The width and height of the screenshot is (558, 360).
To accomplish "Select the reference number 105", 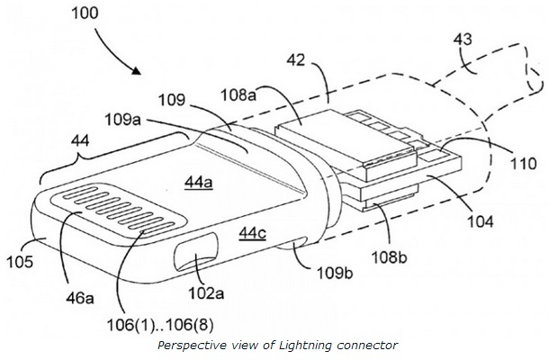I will click(19, 263).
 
